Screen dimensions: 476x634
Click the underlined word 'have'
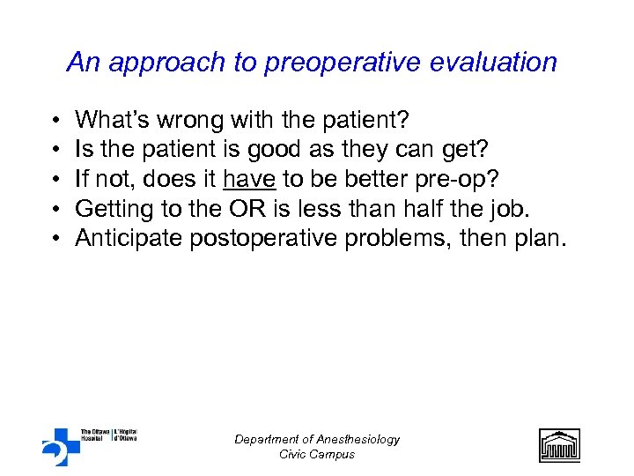click(250, 180)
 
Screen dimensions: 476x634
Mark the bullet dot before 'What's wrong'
click(55, 120)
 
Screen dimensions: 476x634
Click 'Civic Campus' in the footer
click(316, 454)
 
